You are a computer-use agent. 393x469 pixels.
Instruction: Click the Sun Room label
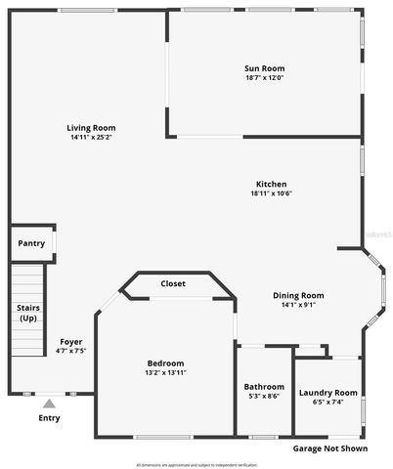264,67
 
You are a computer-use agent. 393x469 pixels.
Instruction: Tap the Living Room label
91,128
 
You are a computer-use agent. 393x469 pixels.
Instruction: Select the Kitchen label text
271,184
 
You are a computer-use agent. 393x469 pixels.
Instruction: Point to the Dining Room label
297,295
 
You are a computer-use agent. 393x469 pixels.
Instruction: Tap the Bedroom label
164,363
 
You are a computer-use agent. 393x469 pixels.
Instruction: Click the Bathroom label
264,386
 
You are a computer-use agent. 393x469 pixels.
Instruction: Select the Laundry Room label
327,393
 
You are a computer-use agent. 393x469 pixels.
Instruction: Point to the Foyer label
70,341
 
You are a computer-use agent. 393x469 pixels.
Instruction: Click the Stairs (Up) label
28,314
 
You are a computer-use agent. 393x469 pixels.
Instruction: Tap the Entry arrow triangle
49,402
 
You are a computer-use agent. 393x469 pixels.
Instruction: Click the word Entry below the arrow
49,418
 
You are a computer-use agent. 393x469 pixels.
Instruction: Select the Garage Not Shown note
330,449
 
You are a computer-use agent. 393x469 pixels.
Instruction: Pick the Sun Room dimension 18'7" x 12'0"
264,77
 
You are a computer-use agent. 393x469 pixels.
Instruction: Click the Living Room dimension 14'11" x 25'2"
91,138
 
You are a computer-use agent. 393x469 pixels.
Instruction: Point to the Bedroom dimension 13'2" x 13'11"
164,373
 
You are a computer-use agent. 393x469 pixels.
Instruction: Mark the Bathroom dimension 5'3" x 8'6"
264,396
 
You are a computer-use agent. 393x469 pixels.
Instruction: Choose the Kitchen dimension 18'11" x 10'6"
271,193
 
